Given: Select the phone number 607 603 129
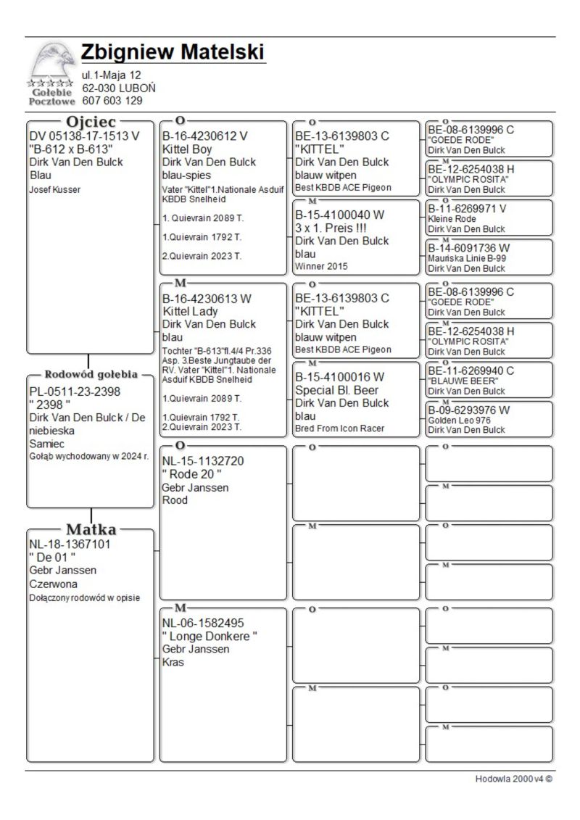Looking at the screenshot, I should click(x=112, y=101).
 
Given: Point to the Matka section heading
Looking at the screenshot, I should click(x=91, y=529).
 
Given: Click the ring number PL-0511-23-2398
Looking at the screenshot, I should click(x=75, y=392).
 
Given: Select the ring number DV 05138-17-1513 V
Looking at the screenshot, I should click(x=84, y=135).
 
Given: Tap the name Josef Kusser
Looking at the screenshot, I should click(x=54, y=189).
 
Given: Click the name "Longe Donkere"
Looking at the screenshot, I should click(x=210, y=636).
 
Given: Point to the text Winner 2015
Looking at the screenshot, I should click(x=321, y=266).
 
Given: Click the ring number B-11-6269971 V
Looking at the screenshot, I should click(x=467, y=207).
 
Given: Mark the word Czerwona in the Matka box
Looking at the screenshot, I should click(x=53, y=584).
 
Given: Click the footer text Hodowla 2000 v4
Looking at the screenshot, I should click(x=513, y=779).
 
